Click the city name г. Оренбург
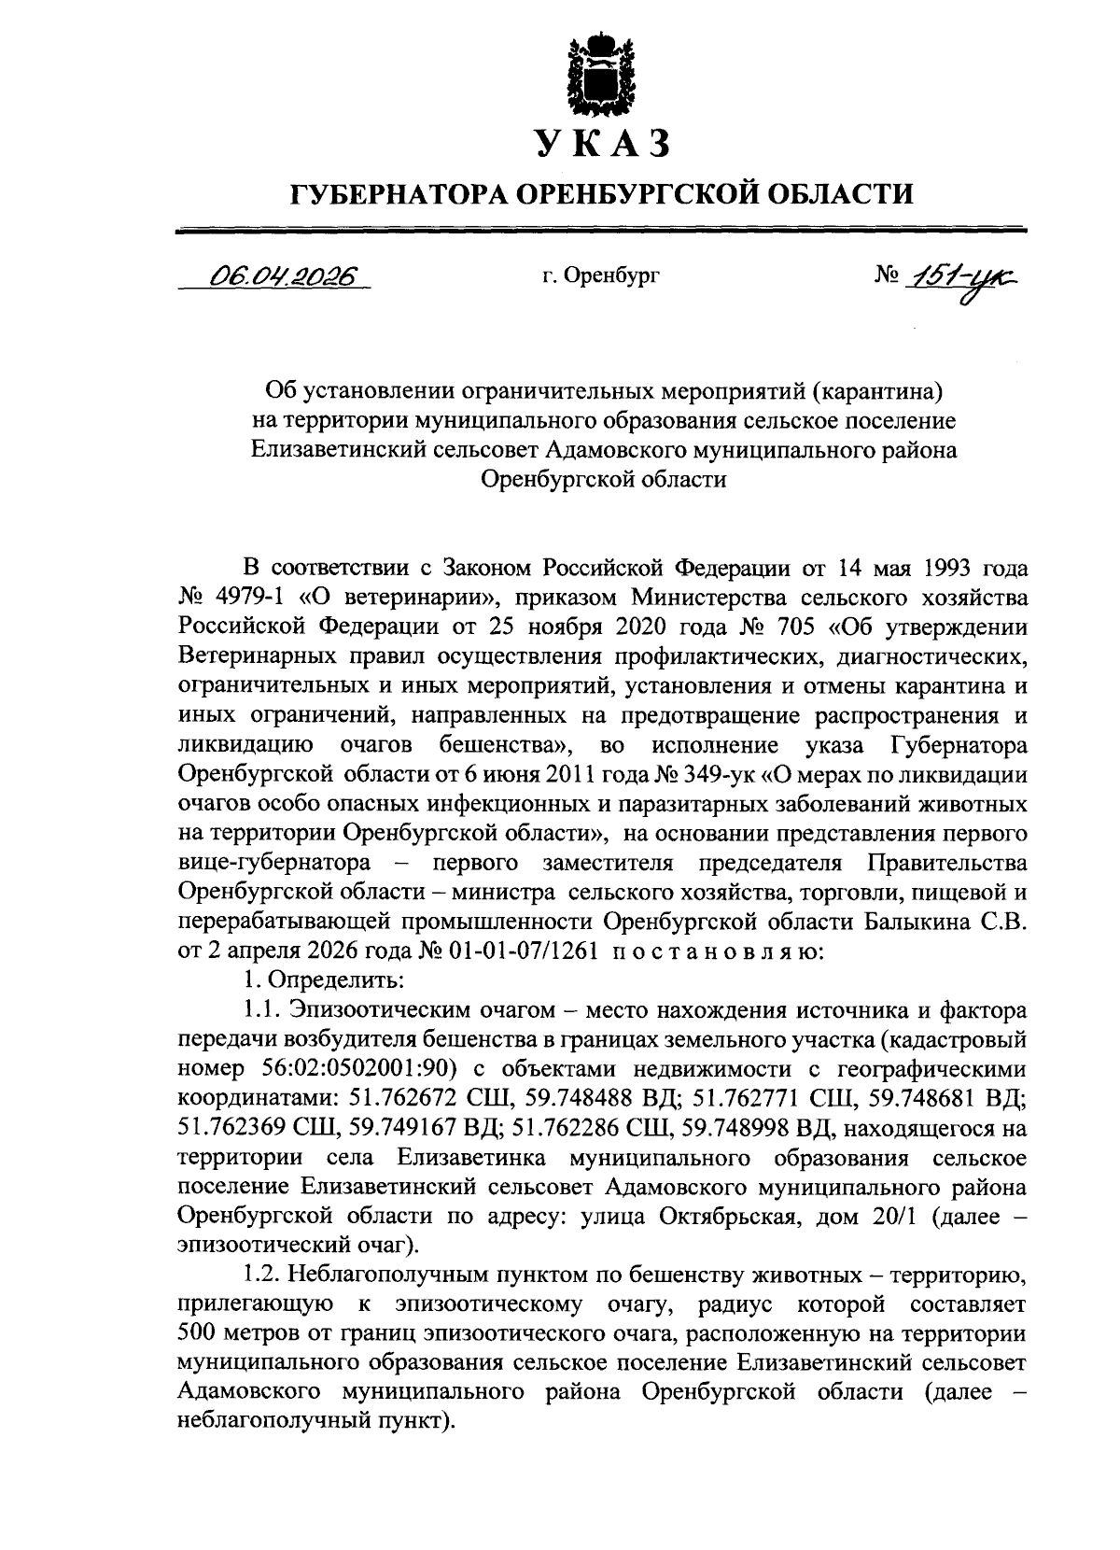click(x=600, y=276)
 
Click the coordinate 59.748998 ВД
click(x=758, y=1128)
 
